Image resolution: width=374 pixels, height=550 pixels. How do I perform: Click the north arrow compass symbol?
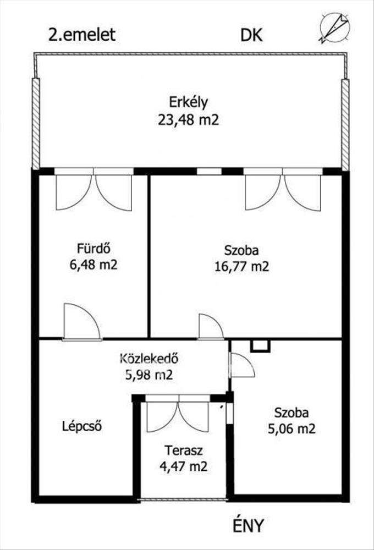coord(335,28)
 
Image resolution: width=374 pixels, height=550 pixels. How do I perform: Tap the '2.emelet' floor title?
coord(82,35)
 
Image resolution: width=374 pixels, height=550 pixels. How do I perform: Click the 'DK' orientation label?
coord(251,35)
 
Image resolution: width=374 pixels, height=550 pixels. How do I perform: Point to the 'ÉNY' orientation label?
coord(248,525)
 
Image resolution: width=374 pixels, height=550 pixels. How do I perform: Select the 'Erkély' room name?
coord(189,102)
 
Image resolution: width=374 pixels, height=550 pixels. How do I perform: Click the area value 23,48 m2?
coord(189,120)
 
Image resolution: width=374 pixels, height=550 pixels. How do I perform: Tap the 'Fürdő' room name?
coord(94,248)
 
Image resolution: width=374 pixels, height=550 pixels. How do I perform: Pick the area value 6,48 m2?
coord(94,265)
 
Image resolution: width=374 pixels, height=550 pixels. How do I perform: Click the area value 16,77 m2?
coord(242,267)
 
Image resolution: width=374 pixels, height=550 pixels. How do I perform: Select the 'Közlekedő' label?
coord(149,359)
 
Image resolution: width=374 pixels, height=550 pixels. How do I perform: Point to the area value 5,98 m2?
coord(149,375)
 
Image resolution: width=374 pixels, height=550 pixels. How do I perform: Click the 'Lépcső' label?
coord(82,426)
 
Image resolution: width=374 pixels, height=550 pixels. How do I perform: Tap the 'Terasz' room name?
coord(184,450)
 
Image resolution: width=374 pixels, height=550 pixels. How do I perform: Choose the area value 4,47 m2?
coord(184,466)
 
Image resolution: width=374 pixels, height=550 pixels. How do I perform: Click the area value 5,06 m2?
coord(291,428)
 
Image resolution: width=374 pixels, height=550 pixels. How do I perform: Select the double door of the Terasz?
coord(178,414)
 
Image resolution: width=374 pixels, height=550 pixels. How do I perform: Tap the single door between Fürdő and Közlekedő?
coord(82,322)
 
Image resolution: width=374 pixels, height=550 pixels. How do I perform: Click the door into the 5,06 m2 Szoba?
coord(241,365)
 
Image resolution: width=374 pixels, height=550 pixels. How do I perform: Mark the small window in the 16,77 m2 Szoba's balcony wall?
coord(209,172)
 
